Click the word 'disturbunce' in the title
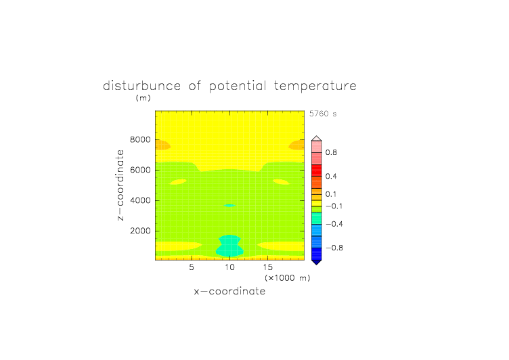coord(142,86)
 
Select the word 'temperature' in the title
coord(315,86)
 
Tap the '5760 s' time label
coord(323,114)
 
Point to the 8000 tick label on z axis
coord(140,139)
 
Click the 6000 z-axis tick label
coord(140,170)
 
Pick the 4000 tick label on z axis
coord(140,200)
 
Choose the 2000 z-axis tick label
coord(140,231)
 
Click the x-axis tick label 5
coord(192,267)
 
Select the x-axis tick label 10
coord(230,267)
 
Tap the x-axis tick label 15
coord(268,267)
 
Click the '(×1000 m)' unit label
coord(288,278)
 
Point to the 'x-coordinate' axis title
coord(230,291)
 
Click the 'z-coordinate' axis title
coord(120,185)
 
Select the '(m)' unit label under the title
coord(143,97)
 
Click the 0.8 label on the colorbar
coord(331,152)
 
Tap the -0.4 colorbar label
coord(334,224)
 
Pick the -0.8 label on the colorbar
coord(334,248)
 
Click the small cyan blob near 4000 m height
coord(230,205)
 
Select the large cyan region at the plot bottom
coord(230,246)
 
